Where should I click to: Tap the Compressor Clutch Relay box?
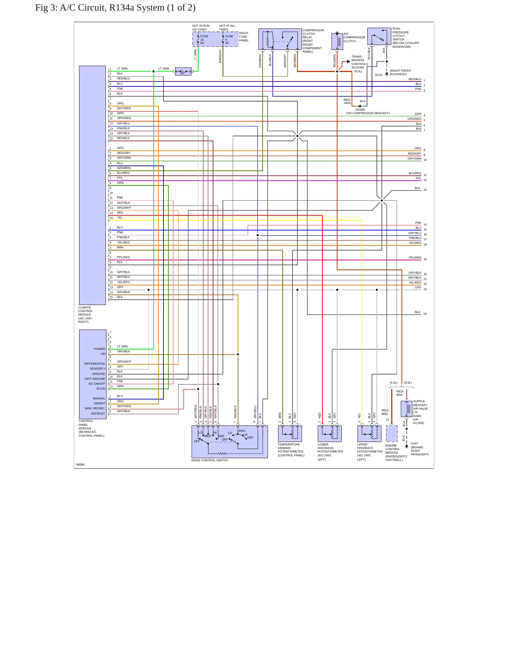click(280, 39)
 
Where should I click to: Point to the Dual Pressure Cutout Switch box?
click(379, 37)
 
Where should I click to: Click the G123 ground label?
click(378, 75)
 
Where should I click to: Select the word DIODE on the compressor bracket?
click(360, 110)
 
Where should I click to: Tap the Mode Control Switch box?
click(230, 442)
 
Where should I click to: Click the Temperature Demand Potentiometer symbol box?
click(290, 434)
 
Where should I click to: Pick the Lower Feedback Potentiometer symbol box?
click(330, 434)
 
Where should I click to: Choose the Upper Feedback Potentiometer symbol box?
click(369, 434)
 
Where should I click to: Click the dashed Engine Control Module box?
click(392, 434)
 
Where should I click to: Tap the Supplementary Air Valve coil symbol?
click(406, 409)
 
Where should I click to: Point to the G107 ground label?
click(414, 443)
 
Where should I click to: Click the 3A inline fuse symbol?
click(183, 72)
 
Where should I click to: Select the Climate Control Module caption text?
click(85, 314)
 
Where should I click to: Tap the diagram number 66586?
click(80, 464)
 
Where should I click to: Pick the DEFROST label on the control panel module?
click(98, 414)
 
